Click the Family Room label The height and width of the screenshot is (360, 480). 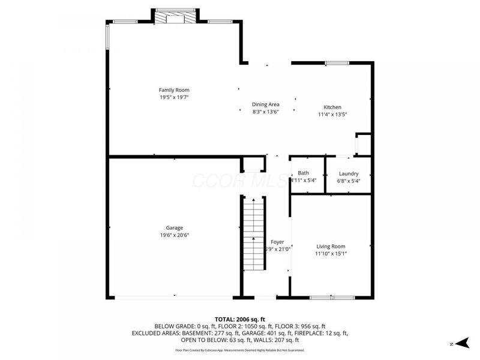pos(174,90)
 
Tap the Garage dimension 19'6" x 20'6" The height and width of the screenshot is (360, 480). pos(175,235)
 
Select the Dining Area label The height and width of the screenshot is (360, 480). pos(265,104)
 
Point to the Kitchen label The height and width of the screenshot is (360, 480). pos(332,106)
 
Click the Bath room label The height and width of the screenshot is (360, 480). pos(304,173)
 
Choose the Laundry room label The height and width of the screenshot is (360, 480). pos(349,173)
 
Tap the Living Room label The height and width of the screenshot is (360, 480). pos(331,246)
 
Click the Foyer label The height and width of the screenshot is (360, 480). pos(277,242)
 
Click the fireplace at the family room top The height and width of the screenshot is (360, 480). pos(175,17)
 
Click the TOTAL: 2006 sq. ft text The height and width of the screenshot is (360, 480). pos(240,319)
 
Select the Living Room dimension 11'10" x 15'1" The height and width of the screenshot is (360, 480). pos(331,254)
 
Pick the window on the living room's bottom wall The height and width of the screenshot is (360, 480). pos(332,296)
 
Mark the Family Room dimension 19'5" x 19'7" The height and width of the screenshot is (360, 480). pos(174,97)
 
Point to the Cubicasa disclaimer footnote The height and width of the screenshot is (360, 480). pos(240,350)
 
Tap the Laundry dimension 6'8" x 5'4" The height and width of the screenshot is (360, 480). pos(349,181)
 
